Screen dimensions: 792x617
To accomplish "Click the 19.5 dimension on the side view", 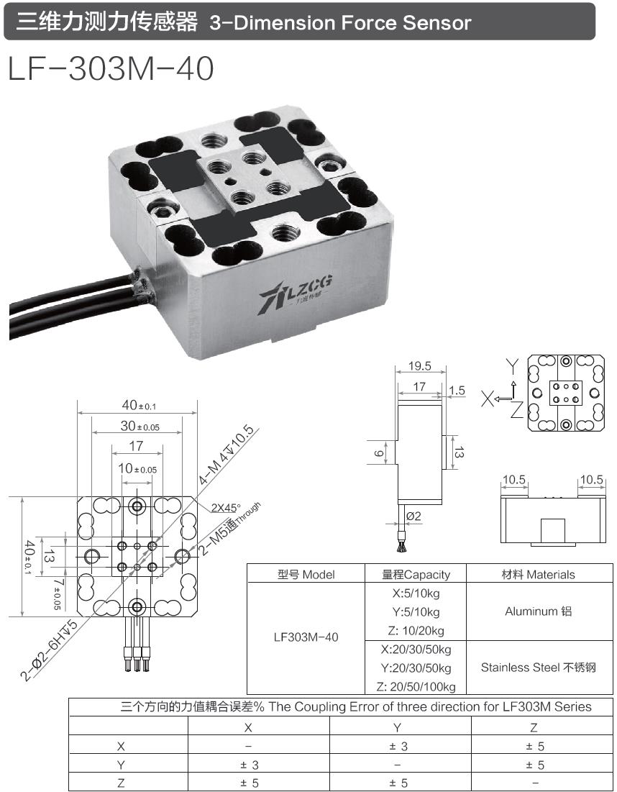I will click(x=419, y=366).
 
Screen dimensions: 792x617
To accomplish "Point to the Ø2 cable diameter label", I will click(x=413, y=516).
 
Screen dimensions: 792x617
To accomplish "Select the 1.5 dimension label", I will click(x=457, y=391).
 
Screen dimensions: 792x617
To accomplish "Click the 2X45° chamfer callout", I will click(x=227, y=506).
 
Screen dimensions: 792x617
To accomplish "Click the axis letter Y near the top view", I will click(x=512, y=365).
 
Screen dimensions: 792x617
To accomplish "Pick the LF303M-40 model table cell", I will click(x=306, y=637).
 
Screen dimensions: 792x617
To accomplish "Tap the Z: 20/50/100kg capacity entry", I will click(x=416, y=686).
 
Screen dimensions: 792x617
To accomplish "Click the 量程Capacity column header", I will click(x=416, y=574).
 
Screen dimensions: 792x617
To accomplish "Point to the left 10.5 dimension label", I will click(x=513, y=480).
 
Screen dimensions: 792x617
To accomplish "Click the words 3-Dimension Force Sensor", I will click(x=340, y=22).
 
